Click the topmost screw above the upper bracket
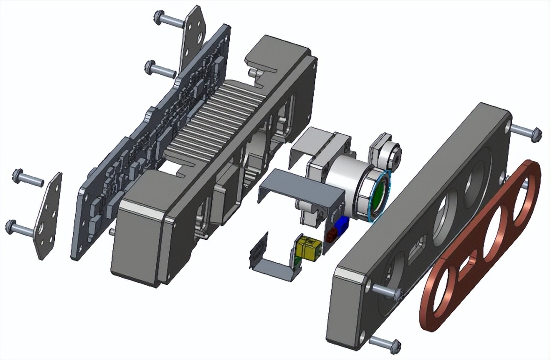coord(168,20)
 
